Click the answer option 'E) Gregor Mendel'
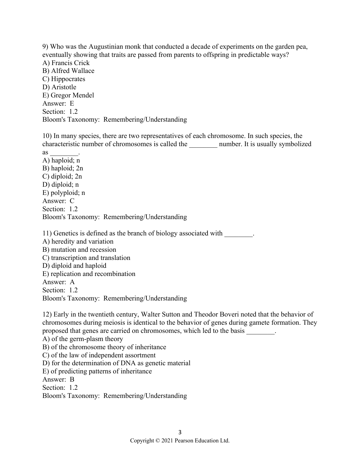pos(68,95)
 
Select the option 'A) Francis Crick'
pos(66,63)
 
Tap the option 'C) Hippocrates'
pos(64,79)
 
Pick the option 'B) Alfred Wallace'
pos(68,71)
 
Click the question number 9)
pos(45,47)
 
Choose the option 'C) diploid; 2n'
pos(62,176)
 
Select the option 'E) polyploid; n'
pos(64,193)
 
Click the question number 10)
pos(47,136)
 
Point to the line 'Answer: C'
pos(58,201)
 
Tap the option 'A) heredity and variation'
pos(78,241)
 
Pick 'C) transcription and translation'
pos(86,258)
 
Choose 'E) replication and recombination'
pos(89,274)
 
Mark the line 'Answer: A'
pos(58,282)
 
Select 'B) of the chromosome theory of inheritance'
pos(104,347)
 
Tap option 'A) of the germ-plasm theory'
pos(83,339)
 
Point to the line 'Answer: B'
pos(58,379)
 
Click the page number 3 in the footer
pos(180,432)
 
